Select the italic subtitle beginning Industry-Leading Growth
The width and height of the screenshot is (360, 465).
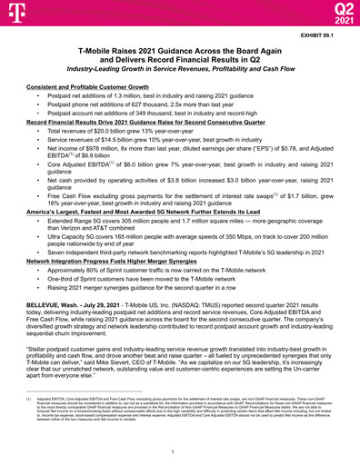(x=179, y=70)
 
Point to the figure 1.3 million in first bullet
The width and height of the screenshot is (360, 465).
(x=135, y=94)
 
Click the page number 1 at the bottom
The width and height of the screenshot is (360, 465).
(x=180, y=451)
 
